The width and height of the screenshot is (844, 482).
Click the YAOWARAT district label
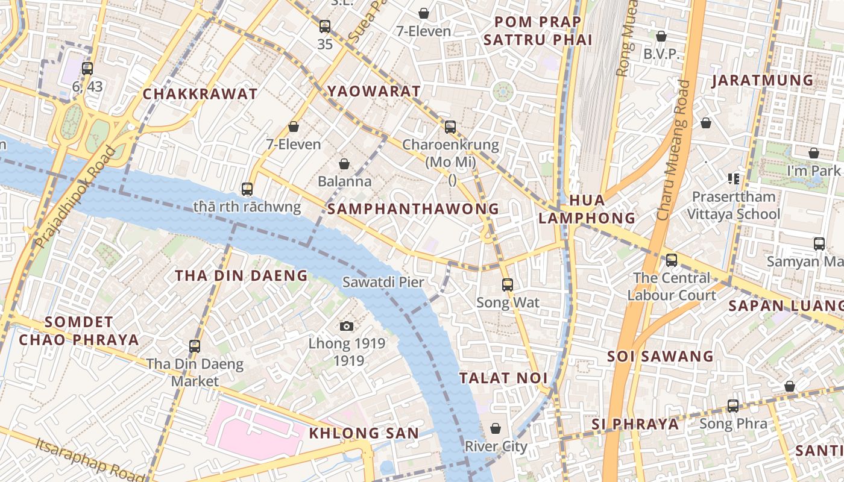pos(374,91)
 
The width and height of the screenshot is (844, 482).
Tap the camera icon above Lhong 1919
pos(347,326)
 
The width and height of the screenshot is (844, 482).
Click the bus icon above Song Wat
pos(508,284)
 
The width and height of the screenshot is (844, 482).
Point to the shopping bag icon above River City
pos(496,428)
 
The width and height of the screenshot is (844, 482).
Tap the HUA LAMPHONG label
pos(587,209)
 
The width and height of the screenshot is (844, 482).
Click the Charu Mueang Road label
pos(674,151)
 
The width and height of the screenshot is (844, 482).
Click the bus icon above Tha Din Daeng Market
pos(195,346)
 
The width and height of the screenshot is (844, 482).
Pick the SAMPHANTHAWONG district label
pos(413,209)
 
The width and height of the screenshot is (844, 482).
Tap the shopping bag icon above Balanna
pos(344,163)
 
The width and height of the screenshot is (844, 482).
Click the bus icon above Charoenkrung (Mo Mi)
pos(450,127)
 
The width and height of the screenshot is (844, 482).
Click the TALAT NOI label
pos(503,378)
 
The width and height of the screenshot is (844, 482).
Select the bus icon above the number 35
pos(325,26)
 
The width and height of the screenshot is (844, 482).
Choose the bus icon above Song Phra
pos(733,405)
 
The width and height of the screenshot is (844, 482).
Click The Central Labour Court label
pos(672,286)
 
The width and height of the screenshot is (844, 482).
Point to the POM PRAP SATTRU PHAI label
pos(538,31)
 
